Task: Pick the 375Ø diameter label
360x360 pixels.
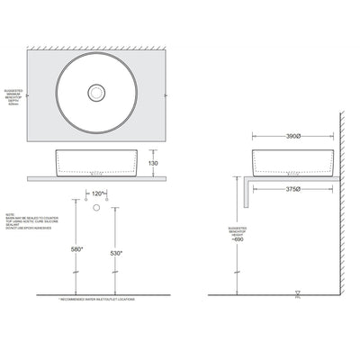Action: pos(291,189)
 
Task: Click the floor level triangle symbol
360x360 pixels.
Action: pos(297,292)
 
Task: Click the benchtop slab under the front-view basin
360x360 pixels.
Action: pos(98,178)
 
